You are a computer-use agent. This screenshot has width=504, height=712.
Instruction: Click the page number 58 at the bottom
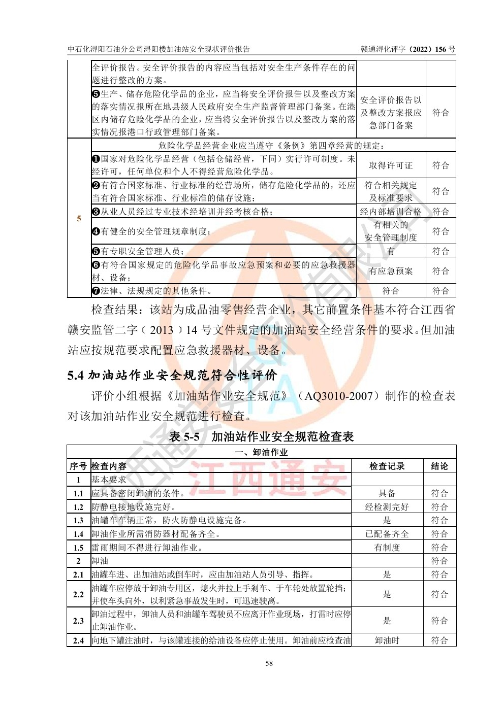[x=269, y=663]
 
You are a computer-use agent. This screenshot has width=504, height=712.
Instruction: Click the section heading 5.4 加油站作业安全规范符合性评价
[x=172, y=375]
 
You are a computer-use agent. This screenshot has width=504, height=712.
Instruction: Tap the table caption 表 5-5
[x=184, y=436]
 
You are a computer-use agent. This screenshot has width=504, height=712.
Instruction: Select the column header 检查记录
[x=387, y=466]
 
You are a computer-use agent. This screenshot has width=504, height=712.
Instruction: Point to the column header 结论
[x=439, y=466]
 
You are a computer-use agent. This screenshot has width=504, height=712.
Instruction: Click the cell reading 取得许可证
[x=390, y=165]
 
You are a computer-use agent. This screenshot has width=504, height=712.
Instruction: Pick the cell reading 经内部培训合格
[x=390, y=212]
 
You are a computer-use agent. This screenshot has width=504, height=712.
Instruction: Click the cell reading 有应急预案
[x=390, y=271]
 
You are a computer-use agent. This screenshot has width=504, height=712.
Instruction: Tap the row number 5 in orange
[x=79, y=218]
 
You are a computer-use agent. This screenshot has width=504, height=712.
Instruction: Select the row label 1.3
[x=78, y=520]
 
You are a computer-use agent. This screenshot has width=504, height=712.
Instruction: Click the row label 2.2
[x=78, y=594]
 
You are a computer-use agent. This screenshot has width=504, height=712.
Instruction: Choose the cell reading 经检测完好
[x=387, y=506]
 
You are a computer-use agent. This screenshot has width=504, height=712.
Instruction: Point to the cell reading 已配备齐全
[x=387, y=534]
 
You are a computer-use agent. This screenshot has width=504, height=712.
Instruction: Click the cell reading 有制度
[x=387, y=548]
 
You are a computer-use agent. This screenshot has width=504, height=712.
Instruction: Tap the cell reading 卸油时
[x=387, y=640]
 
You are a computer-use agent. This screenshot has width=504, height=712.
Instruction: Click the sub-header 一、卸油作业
[x=262, y=452]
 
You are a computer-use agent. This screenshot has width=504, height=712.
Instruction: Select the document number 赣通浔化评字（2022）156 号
[x=408, y=49]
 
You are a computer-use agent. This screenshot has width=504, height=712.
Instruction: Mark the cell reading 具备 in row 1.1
[x=387, y=493]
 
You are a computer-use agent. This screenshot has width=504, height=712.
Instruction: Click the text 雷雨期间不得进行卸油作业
[x=147, y=548]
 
